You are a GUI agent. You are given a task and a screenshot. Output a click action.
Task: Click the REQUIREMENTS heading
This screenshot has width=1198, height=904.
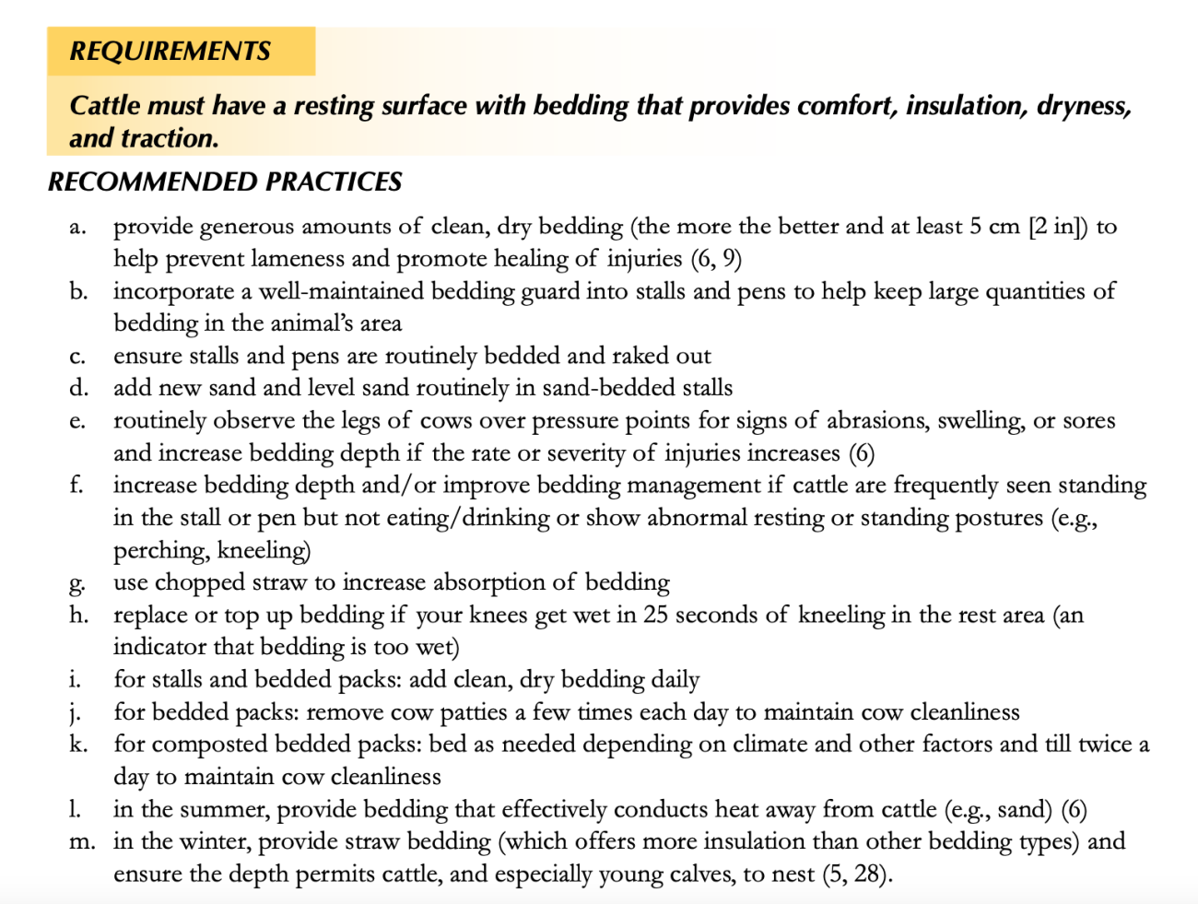(170, 51)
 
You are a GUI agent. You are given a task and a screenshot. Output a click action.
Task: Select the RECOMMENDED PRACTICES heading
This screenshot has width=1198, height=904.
(225, 182)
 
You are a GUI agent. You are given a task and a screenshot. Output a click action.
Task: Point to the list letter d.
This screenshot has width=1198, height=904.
(78, 388)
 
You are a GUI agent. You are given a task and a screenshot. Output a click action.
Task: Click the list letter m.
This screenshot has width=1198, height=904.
(81, 841)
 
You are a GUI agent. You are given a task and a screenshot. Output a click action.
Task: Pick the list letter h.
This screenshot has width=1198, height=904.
(78, 615)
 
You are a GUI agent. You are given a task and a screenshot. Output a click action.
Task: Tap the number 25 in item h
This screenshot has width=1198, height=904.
(656, 615)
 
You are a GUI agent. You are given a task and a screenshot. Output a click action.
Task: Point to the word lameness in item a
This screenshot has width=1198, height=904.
(298, 259)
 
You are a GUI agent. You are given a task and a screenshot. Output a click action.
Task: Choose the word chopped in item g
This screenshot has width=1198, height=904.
(201, 583)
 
